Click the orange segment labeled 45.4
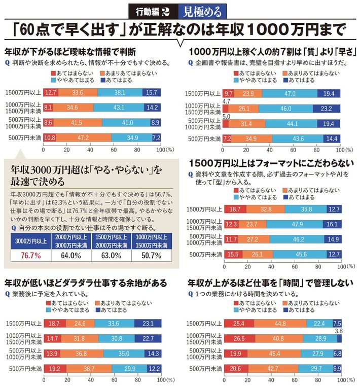pos(274,353)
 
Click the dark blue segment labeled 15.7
pos(151,92)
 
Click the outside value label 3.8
pos(339,330)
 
